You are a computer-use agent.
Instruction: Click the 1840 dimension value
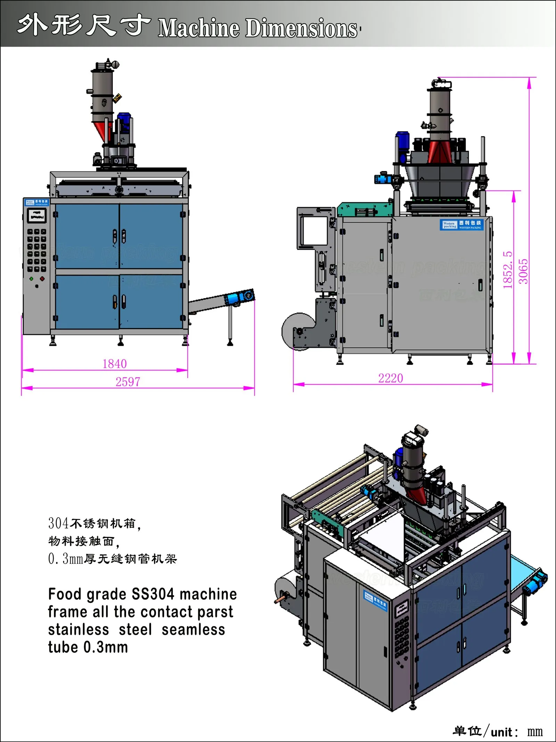point(114,364)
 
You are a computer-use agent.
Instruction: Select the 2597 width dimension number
point(128,382)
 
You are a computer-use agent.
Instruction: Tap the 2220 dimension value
point(390,378)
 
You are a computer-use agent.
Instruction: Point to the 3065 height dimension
point(523,271)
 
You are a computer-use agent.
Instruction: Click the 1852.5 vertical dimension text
point(508,270)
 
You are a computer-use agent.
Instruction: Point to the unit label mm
point(535,732)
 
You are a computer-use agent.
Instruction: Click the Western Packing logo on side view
point(461,225)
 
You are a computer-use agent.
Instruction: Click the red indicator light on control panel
point(42,279)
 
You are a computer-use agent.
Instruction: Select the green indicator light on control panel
point(32,279)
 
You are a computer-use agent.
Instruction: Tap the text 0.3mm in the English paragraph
point(105,647)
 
